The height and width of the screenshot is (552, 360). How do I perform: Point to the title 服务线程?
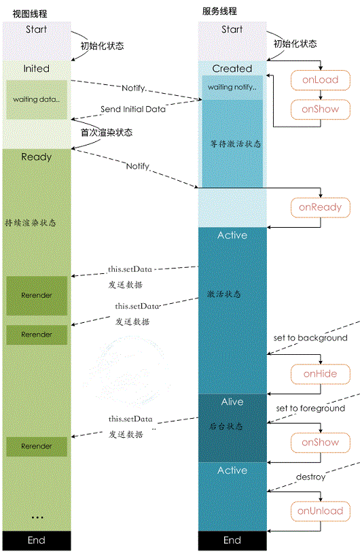coord(219,11)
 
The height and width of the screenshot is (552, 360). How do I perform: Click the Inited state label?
coord(36,69)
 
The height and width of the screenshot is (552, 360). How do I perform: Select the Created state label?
coord(232,69)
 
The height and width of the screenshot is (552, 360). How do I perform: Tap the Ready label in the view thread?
coord(36,157)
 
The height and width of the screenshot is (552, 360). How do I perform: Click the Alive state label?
coord(232,402)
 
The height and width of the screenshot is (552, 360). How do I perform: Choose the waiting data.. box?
coord(36,99)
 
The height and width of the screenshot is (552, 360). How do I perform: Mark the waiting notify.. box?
coord(232,88)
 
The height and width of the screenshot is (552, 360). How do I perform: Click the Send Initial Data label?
coord(133,109)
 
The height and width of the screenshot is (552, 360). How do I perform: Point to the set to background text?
coord(310,338)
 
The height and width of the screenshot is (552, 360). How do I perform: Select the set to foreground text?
coord(310,409)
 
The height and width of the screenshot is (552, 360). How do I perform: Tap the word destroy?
coord(310,477)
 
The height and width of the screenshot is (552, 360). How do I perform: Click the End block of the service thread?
coord(232,540)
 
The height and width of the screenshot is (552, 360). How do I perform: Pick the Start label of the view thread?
coord(36,29)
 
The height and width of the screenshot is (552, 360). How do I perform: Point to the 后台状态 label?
coord(226,426)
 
